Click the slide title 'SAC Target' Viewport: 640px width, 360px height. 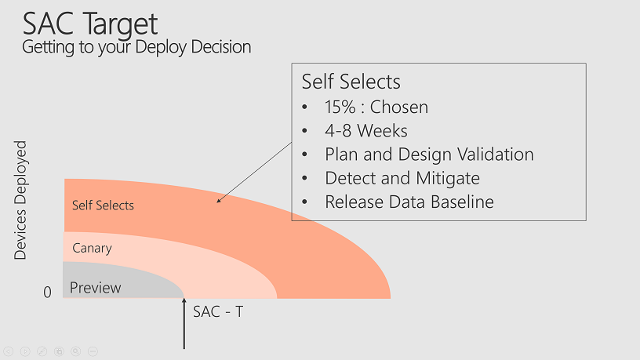click(x=89, y=24)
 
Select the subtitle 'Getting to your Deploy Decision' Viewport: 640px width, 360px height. click(x=136, y=47)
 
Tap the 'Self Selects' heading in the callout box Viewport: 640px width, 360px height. click(x=351, y=82)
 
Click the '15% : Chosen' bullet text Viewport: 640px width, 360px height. click(x=376, y=107)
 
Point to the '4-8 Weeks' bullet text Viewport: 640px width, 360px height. click(x=366, y=131)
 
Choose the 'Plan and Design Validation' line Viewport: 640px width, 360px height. click(x=429, y=155)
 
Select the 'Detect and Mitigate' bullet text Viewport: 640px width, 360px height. click(x=402, y=178)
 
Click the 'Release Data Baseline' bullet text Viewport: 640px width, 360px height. click(x=409, y=202)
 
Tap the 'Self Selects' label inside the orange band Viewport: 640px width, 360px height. click(x=103, y=205)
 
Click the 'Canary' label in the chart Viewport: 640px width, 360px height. click(x=92, y=248)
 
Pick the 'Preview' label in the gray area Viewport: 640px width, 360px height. click(x=95, y=288)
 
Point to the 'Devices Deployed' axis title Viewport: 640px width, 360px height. click(x=20, y=200)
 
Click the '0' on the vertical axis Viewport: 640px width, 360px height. click(x=47, y=293)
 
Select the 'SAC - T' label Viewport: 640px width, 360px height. click(x=218, y=312)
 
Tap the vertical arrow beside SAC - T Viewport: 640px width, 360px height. click(x=184, y=324)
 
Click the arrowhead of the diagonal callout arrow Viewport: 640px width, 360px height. click(x=219, y=201)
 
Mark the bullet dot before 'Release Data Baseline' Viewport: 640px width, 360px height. click(x=304, y=202)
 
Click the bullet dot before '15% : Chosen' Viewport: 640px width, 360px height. click(x=304, y=107)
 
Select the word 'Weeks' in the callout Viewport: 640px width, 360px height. click(x=382, y=131)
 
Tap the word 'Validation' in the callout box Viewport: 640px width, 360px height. click(x=495, y=155)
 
